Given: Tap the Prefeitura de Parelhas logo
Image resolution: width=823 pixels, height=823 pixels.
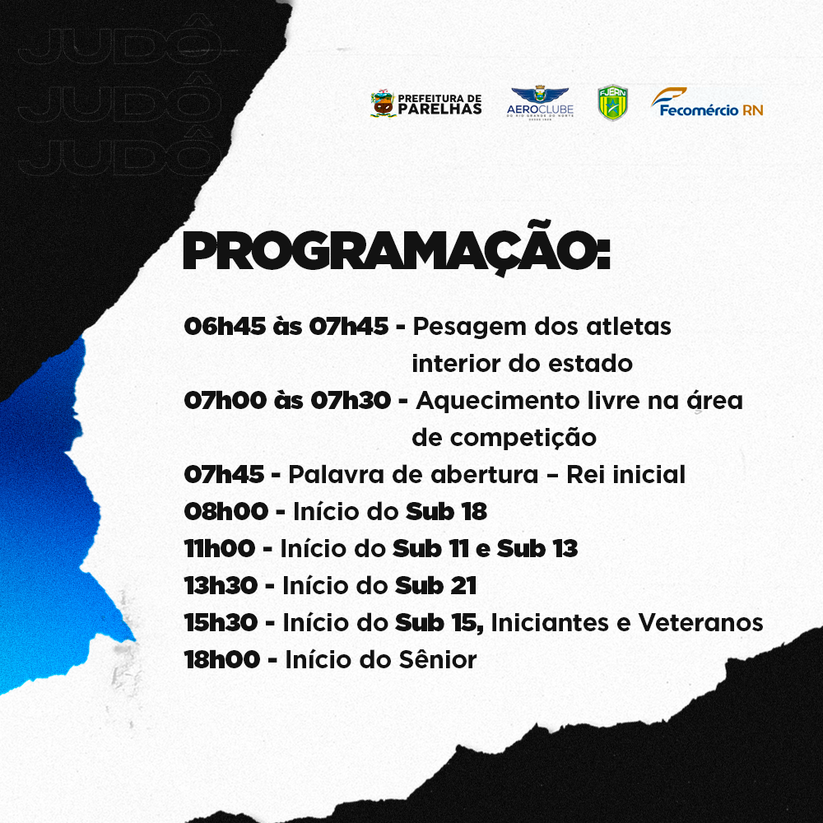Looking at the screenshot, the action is (x=426, y=104).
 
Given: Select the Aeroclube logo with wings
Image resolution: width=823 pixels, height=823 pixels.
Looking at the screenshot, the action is (x=540, y=103).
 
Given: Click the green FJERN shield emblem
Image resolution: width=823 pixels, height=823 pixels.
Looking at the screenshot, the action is (x=613, y=102).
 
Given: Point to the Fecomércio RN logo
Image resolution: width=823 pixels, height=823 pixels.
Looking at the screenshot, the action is (x=707, y=102).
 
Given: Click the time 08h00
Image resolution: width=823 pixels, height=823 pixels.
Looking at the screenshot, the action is (x=226, y=511).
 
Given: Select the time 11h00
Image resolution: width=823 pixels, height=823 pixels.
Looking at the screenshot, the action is (x=220, y=548).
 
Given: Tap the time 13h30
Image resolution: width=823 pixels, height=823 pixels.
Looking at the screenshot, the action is (x=221, y=586).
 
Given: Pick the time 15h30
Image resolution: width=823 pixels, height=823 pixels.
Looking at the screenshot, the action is (x=221, y=623).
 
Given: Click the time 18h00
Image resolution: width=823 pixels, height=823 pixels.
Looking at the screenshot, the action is (x=222, y=660).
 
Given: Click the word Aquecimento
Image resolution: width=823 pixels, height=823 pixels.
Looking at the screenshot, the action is (x=498, y=402).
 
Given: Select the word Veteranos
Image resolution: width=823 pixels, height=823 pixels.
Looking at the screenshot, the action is (x=700, y=623).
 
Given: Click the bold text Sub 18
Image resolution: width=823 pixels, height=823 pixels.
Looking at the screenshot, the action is (x=447, y=511).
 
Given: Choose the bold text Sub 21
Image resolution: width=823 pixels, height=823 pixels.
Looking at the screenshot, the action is (x=435, y=586).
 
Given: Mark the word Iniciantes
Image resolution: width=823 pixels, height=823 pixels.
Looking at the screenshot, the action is (x=550, y=623).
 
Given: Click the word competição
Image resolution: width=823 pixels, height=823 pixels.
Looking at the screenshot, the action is (x=523, y=439).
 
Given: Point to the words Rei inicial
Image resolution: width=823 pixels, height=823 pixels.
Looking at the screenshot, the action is (x=625, y=475).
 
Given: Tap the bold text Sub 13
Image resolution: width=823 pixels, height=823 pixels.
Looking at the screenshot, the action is (x=537, y=548).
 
